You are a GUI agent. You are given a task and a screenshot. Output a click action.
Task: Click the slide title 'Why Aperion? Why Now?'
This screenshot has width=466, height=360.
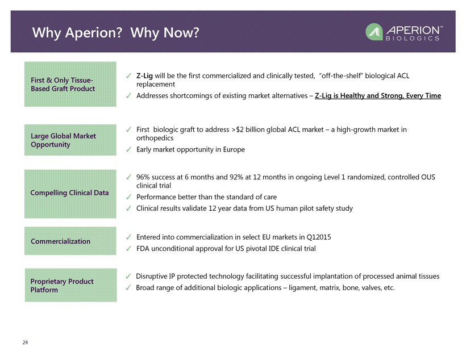click(115, 33)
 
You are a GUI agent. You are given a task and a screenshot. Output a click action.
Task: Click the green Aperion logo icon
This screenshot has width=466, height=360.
click(374, 32)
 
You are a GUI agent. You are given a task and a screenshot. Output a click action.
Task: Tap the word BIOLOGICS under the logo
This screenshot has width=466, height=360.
click(413, 38)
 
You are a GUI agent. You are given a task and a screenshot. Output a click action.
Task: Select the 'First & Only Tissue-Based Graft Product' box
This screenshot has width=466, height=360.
click(70, 84)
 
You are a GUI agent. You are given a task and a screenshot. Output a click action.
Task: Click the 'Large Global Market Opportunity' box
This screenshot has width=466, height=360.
click(70, 140)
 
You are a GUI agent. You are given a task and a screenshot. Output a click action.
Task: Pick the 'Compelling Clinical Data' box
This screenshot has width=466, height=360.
click(70, 194)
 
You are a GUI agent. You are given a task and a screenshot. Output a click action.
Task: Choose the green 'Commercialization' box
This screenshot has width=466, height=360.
click(70, 241)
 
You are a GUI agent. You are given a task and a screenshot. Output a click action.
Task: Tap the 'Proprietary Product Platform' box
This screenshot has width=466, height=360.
click(70, 285)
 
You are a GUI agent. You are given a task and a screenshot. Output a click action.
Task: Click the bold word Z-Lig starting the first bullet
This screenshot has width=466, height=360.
click(144, 76)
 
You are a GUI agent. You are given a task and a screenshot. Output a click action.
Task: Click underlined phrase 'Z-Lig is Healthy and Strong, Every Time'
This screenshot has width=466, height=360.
click(378, 95)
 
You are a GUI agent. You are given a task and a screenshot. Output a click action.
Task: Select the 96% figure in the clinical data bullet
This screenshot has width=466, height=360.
click(143, 177)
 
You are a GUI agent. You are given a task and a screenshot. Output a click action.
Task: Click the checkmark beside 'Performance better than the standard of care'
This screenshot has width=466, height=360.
click(128, 197)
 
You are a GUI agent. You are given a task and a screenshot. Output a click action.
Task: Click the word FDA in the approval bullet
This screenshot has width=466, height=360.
click(143, 249)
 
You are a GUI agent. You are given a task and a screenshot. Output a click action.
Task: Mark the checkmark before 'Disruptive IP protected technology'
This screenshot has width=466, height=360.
click(128, 276)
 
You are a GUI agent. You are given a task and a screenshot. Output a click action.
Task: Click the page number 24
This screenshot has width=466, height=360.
click(25, 342)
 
